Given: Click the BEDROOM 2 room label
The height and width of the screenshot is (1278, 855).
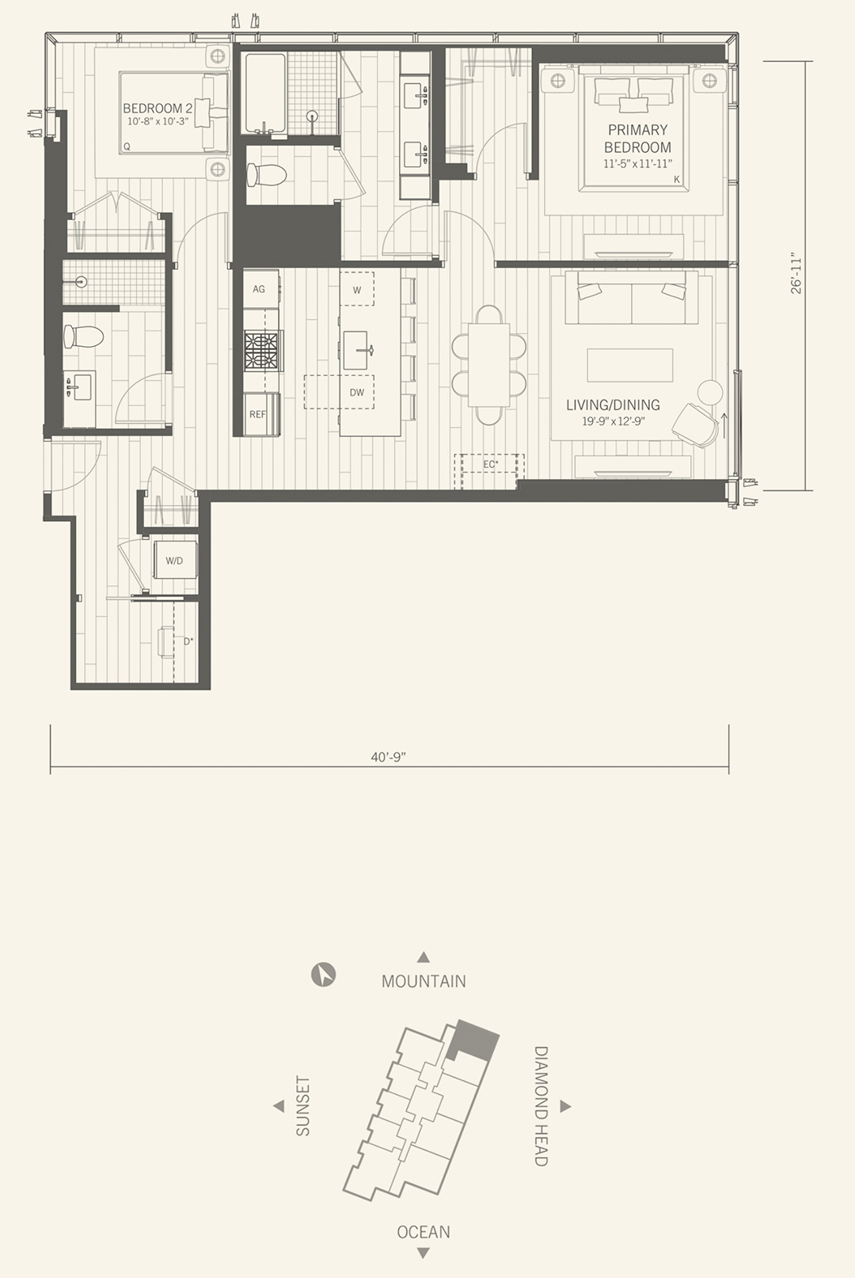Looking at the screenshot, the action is [158, 108].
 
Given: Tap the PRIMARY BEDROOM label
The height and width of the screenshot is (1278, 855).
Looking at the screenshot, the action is [637, 139].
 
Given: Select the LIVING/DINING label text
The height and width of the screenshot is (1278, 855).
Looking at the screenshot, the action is [614, 405].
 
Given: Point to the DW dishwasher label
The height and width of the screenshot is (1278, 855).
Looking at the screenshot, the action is [357, 393].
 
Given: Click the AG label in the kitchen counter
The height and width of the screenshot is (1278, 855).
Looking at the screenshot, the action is [259, 289].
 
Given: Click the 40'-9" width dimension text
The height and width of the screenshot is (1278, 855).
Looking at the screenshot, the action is [388, 757].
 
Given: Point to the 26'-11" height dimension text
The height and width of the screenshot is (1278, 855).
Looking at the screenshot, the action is [796, 274].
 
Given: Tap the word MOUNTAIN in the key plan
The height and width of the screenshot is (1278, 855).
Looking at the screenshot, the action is [424, 981].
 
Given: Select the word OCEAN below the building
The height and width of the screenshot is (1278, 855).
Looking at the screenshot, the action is [424, 1232].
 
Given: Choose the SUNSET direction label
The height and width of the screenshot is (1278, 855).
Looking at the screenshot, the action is [303, 1106].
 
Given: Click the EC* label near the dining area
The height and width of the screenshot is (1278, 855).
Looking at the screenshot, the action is [491, 465].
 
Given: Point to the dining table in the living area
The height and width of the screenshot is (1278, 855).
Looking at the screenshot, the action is [488, 365].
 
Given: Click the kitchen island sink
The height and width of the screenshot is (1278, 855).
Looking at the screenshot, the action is [358, 350].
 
